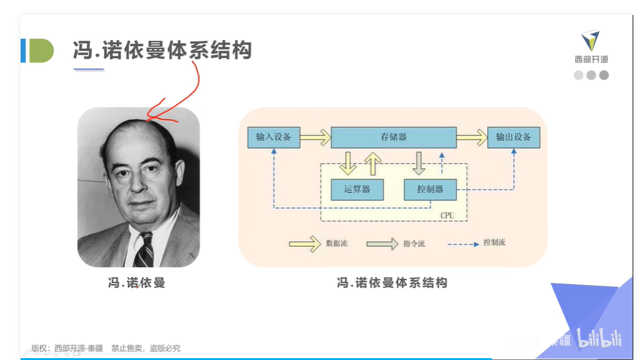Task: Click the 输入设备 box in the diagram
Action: point(273,137)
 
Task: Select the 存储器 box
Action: point(393,137)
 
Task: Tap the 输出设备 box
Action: point(513,137)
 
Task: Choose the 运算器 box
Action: point(356,189)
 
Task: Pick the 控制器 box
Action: point(430,189)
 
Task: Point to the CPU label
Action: point(447,215)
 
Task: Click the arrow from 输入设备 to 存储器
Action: point(315,137)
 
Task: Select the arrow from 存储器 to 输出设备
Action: point(471,137)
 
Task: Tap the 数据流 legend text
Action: point(337,243)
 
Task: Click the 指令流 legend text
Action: point(414,244)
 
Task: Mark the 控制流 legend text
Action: point(494,242)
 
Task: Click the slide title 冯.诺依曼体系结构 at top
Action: point(162,51)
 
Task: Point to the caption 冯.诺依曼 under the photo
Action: point(137,283)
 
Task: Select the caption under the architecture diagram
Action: point(392,283)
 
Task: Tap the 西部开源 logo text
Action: point(591,59)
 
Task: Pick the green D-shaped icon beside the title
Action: point(41,51)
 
